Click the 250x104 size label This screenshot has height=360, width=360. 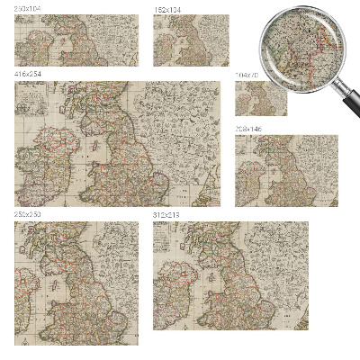coord(27,8)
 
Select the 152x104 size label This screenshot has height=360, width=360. coord(166,8)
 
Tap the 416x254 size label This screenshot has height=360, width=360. coord(27,74)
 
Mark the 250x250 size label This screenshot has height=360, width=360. coord(27,215)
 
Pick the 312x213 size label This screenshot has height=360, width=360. coord(166,215)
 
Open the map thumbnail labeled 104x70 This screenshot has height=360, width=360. coord(261,97)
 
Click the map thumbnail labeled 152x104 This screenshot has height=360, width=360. coord(191,40)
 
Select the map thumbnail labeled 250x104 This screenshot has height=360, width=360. coord(76,40)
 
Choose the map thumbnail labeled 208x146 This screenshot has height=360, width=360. coord(286,171)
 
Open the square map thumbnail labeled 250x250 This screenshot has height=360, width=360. coord(76,283)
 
